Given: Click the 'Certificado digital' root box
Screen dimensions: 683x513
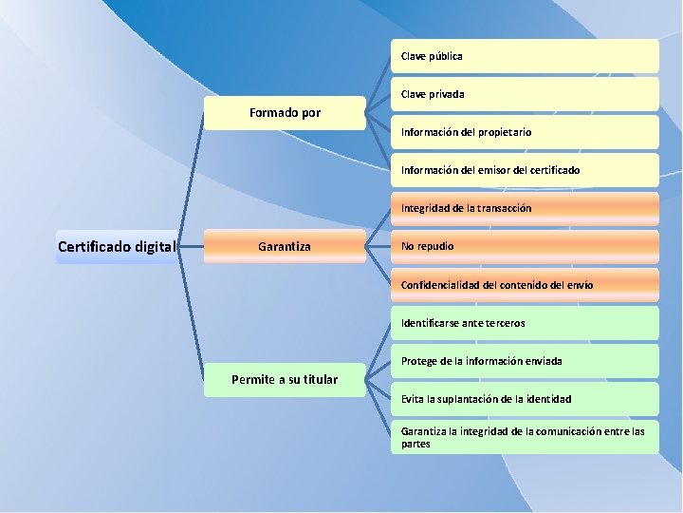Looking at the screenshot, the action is click(x=117, y=247).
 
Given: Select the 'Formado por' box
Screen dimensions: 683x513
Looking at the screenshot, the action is click(x=285, y=113).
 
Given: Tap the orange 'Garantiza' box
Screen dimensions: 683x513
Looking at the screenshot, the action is click(x=285, y=247).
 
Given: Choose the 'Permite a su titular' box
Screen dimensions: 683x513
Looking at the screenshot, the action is click(x=285, y=380).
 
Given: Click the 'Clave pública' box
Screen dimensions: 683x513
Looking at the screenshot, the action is click(x=525, y=56).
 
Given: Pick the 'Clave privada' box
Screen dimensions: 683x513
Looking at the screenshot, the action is click(x=525, y=94).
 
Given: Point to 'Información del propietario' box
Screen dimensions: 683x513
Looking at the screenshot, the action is click(x=525, y=132).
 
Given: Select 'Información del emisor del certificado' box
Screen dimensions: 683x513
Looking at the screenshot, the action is click(x=525, y=170).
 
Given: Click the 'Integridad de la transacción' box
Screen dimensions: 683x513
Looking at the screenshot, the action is click(x=525, y=208).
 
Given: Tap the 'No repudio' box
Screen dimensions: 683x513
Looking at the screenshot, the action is click(x=525, y=246).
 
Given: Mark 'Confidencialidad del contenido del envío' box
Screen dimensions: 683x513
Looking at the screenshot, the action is click(x=525, y=284).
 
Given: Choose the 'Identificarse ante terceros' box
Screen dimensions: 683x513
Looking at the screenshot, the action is click(x=525, y=323).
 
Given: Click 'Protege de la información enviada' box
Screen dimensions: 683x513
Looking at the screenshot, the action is click(x=525, y=361).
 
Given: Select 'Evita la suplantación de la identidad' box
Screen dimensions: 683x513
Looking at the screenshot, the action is click(x=525, y=399).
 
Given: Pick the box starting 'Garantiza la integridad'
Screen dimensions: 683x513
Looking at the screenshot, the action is click(x=525, y=437).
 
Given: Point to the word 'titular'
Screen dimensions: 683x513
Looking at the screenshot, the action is click(x=318, y=380).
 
